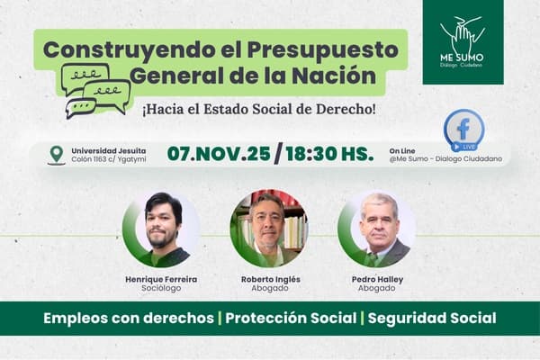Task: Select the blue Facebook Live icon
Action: click(463, 130)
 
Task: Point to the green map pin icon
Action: click(57, 155)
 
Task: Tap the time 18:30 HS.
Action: click(328, 153)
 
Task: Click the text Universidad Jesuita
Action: click(110, 149)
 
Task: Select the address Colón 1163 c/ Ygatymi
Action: click(108, 160)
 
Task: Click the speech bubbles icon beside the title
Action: click(95, 90)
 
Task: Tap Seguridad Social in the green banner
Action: click(432, 319)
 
